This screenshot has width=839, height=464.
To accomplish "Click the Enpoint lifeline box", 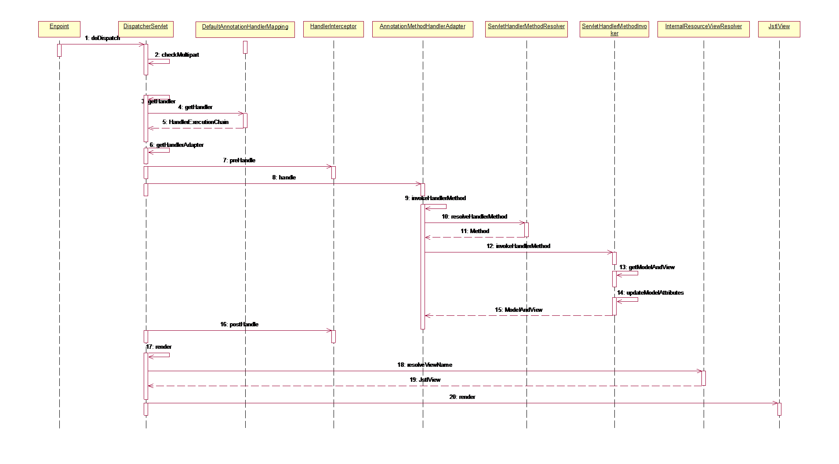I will pos(59,29).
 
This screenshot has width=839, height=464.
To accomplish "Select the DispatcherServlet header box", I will pos(145,29).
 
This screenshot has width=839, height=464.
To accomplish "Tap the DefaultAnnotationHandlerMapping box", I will pos(245,29).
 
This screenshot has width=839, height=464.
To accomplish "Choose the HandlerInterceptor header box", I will pos(333,29).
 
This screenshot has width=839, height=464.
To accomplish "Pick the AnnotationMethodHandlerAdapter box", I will pos(422,29).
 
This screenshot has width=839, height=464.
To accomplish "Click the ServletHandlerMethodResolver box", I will pos(526,29).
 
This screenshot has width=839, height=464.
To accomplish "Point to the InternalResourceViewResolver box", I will pos(703,29).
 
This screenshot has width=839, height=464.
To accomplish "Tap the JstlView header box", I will pos(779,29).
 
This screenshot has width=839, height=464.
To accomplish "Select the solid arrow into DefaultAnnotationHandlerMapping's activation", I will pos(196,113).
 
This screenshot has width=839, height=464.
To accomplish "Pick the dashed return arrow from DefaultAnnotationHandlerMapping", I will pos(196,128).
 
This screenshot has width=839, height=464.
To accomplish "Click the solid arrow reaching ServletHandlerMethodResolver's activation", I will pos(475,223).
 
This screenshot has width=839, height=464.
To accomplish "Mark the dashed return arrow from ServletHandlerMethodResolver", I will pos(475,237).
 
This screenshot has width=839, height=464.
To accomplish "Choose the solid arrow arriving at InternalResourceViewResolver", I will pos(424,371).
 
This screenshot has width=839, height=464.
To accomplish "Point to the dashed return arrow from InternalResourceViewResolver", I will pos(424,386).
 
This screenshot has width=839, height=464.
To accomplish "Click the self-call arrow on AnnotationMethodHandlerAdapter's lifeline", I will pos(446,206).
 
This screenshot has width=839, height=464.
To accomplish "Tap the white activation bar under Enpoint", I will pos(59,50).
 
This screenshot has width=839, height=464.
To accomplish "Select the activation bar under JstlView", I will pos(779,409).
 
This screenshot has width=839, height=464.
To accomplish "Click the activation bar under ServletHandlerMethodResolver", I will pos(527,230).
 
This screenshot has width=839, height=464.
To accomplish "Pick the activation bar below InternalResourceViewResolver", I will pos(704,378).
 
